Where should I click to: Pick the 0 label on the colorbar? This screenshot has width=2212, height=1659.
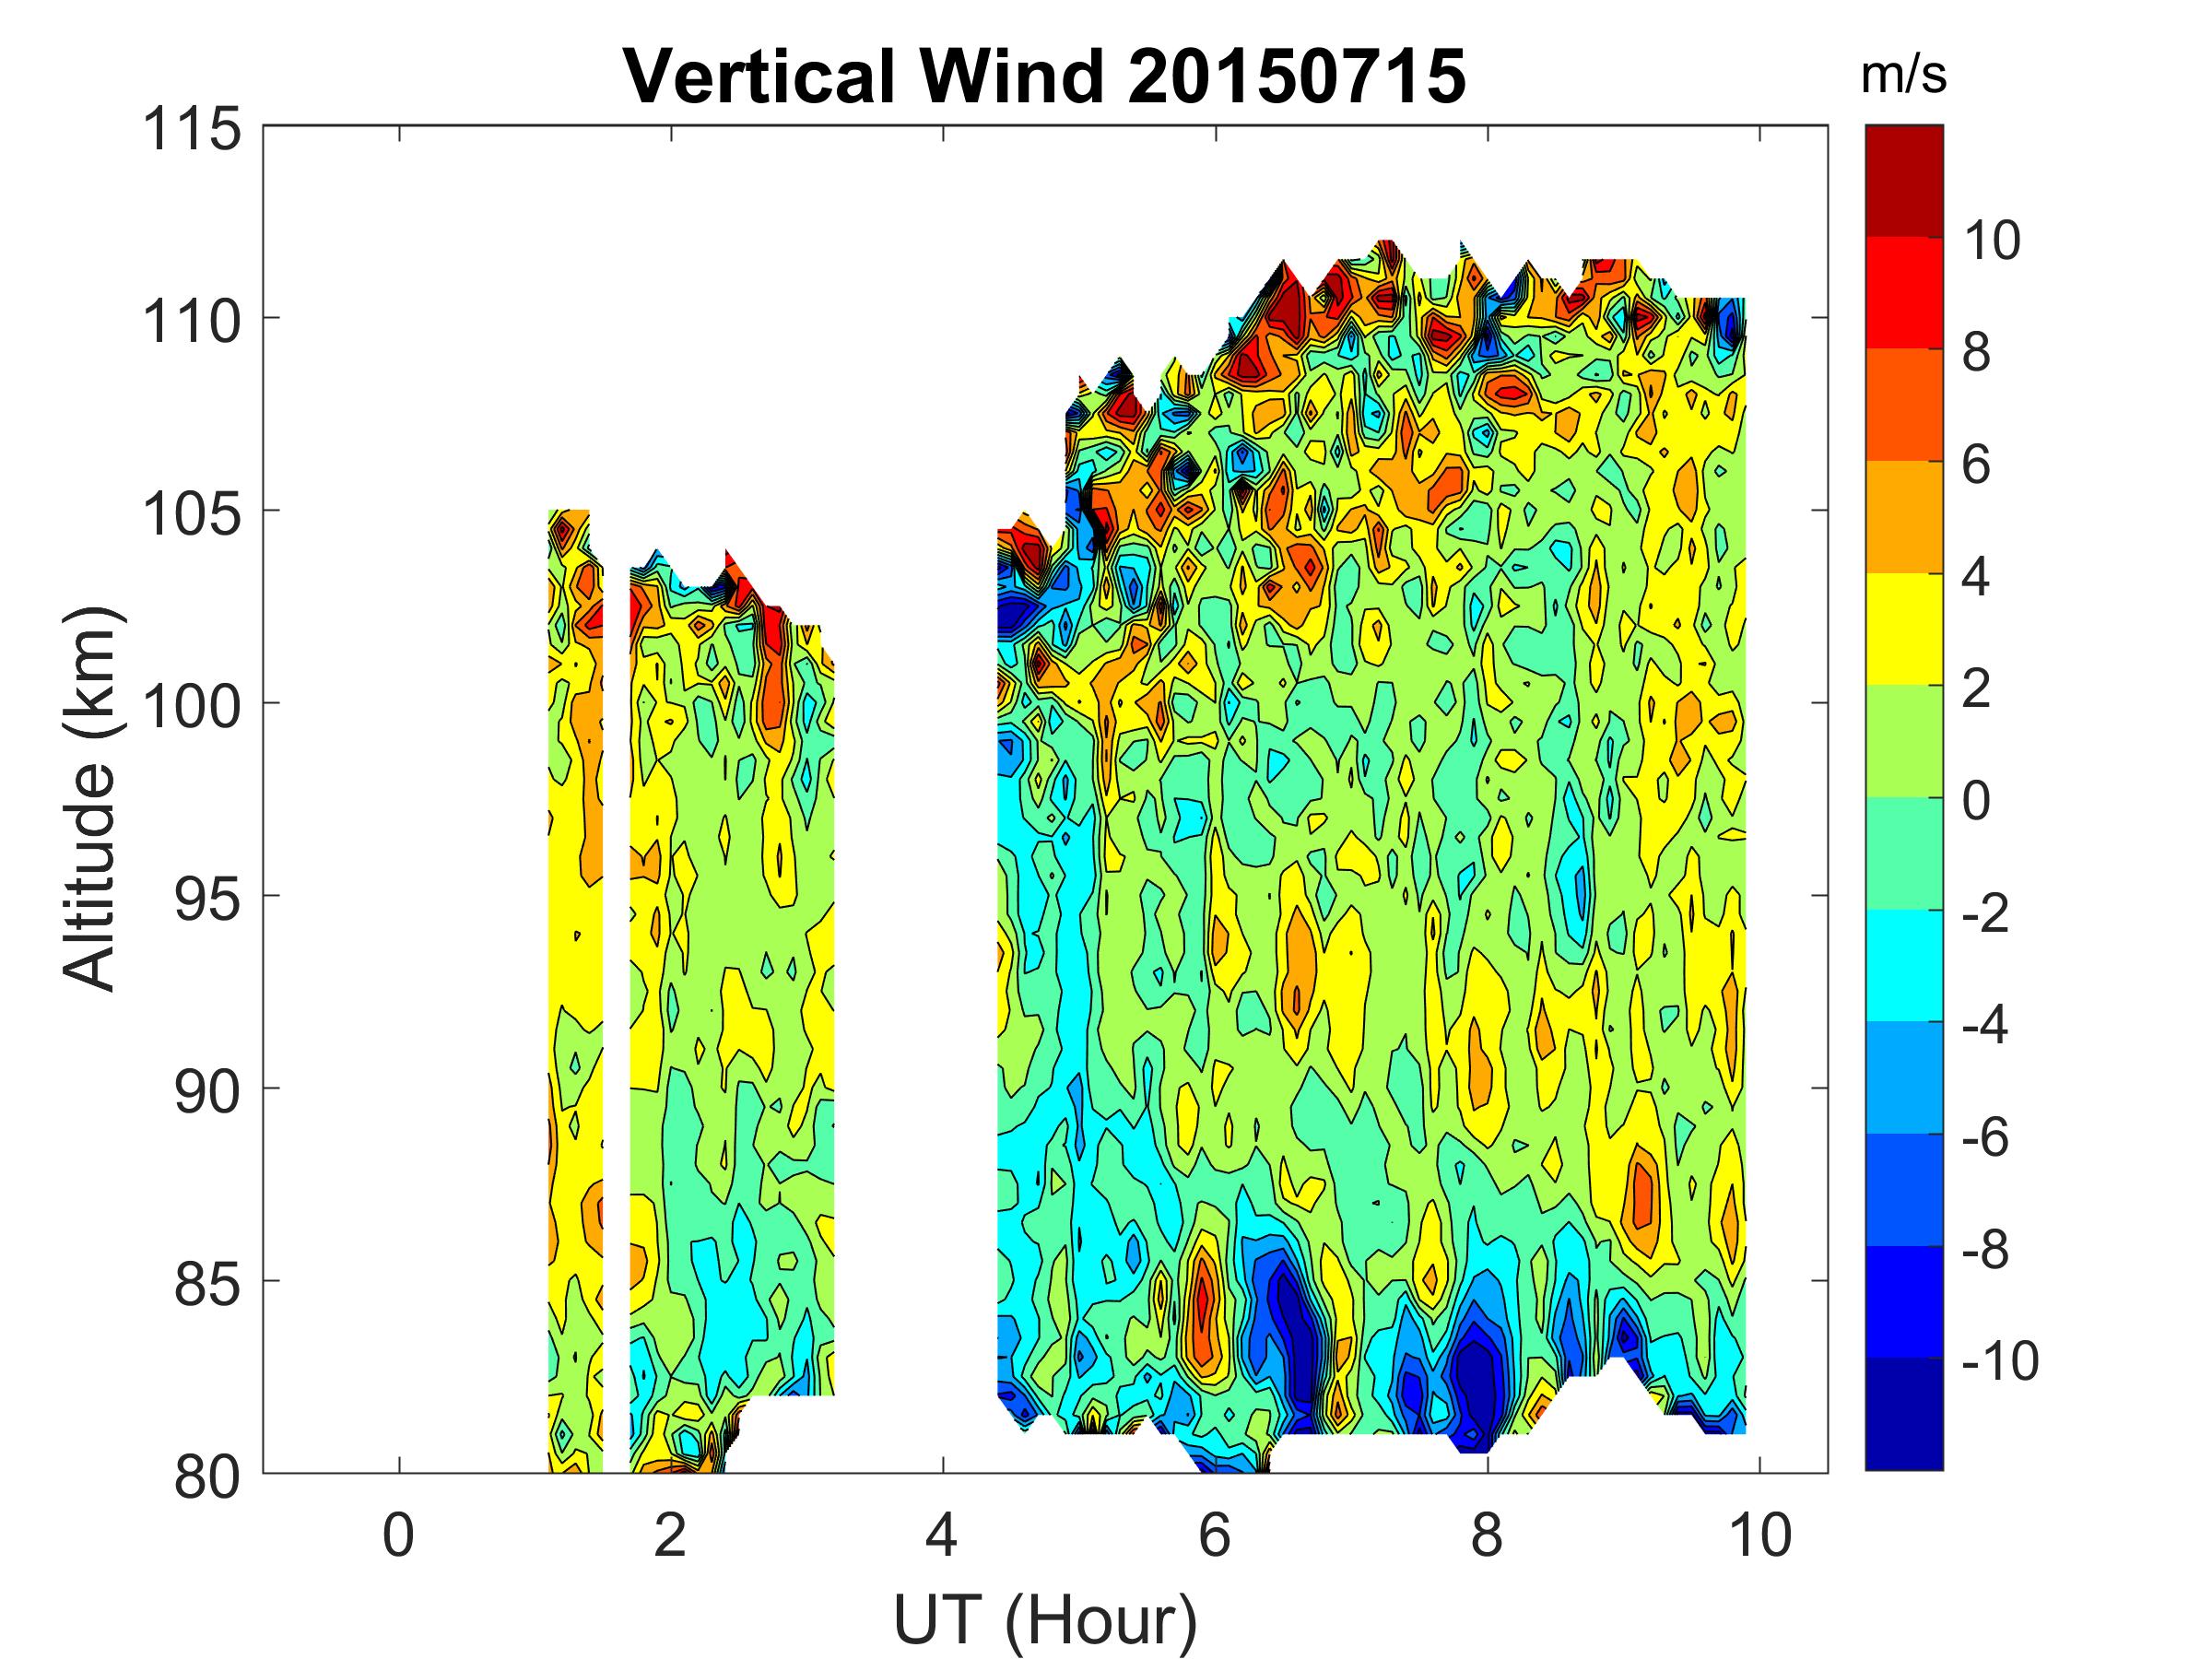tap(1976, 801)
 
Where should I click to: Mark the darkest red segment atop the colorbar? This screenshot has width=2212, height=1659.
tap(1903, 181)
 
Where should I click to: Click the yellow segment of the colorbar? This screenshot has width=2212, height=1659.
tap(1903, 629)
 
